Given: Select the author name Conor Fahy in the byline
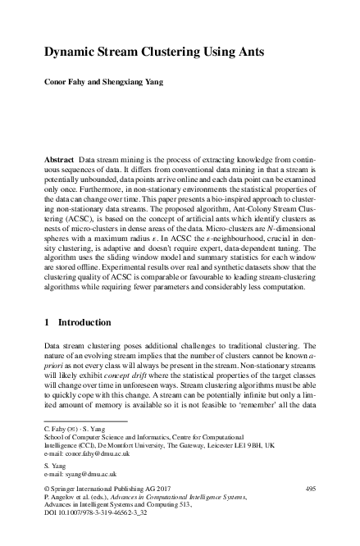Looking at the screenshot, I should click(x=67, y=82).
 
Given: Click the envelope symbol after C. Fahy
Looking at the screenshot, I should click(x=72, y=429).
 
